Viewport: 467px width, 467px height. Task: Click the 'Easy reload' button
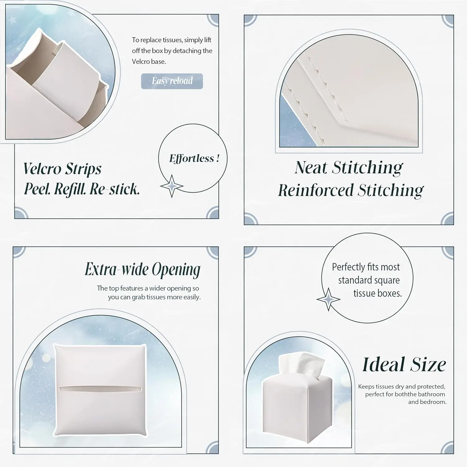[x=172, y=81]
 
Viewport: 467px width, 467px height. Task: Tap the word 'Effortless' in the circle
[x=192, y=158]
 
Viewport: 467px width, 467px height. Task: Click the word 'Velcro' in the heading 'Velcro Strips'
[x=42, y=169]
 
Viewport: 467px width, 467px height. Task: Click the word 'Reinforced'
[x=316, y=190]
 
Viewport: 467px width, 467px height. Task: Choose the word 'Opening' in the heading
[x=176, y=270]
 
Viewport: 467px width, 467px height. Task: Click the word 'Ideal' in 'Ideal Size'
[x=384, y=364]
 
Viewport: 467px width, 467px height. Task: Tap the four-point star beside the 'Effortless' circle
[x=172, y=186]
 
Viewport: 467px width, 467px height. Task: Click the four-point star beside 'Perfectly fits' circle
[x=328, y=299]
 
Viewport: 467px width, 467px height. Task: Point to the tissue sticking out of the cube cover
[x=301, y=366]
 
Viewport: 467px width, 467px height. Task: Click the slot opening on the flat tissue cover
[x=100, y=389]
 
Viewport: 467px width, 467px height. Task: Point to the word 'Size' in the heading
[x=428, y=364]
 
